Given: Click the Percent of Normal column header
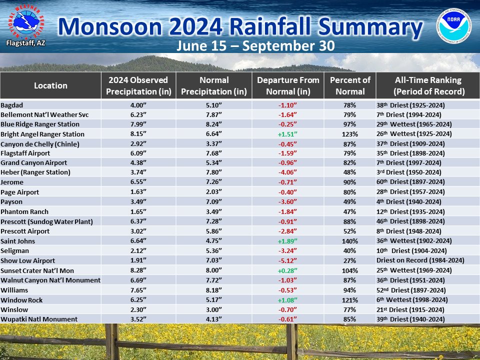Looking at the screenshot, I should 350,85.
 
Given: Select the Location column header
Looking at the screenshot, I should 50,85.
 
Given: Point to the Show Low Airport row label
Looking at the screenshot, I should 27,260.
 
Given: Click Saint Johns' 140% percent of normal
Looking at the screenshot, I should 350,241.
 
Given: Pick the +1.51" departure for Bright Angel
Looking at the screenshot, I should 287,134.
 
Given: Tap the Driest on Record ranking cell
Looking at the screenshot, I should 420,260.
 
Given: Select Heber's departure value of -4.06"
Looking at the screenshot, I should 287,172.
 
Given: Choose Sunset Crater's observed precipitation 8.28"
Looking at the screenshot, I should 138,270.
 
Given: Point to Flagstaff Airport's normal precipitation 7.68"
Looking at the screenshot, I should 213,153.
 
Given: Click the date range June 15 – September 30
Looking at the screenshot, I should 255,46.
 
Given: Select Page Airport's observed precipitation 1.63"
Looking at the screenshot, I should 138,192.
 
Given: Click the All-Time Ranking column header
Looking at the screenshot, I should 427,85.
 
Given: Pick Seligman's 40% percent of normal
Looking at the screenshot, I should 350,250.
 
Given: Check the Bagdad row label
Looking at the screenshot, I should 12,105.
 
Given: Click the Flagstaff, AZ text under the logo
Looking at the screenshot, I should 25,43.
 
